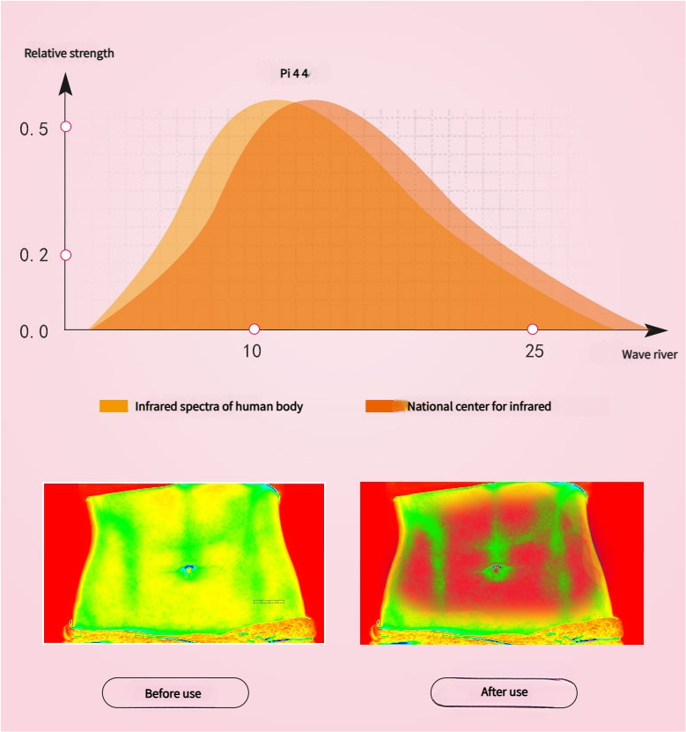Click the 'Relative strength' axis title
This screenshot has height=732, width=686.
tap(69, 53)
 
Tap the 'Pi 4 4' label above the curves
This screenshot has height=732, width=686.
tap(294, 73)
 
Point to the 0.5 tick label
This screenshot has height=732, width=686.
tap(33, 129)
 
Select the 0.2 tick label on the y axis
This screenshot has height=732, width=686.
tap(33, 255)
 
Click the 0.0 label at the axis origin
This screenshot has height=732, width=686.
tap(33, 331)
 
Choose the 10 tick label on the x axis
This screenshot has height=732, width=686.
tap(252, 351)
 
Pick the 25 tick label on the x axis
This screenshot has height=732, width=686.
tap(534, 351)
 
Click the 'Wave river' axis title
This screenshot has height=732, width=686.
tap(649, 355)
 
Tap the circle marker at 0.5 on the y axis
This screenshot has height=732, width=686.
tap(65, 127)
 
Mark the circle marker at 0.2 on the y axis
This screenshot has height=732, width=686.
tap(65, 255)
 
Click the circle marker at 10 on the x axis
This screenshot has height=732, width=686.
tap(254, 329)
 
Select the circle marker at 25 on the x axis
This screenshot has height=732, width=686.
tap(532, 329)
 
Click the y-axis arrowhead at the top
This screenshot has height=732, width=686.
tap(65, 84)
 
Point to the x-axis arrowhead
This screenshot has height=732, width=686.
tap(656, 330)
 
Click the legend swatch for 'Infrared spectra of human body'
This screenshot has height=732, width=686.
tap(114, 406)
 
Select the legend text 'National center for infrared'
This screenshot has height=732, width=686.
tap(479, 407)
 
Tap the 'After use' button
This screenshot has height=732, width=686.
tap(504, 692)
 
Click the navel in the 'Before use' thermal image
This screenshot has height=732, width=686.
tap(187, 570)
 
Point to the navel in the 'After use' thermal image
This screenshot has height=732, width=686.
tap(496, 570)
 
